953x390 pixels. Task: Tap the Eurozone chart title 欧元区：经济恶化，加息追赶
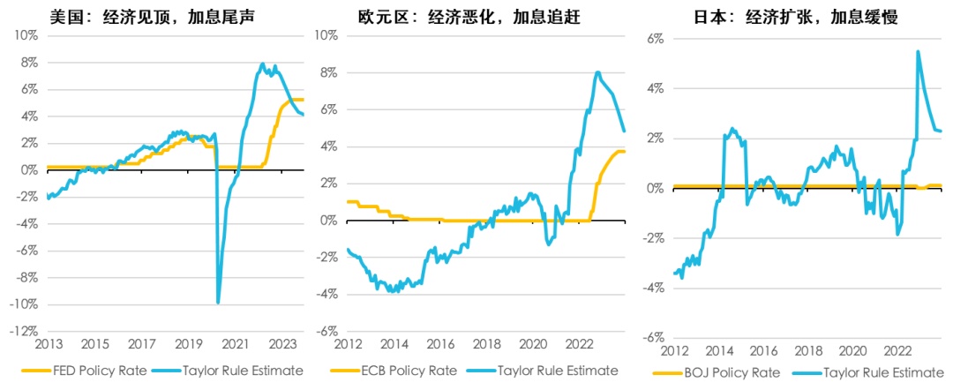pos(469,16)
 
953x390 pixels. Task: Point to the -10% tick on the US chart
pos(23,304)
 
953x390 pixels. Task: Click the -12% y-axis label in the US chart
pos(23,332)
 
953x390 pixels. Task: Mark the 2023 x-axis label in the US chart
pos(281,344)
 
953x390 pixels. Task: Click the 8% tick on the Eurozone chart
pos(326,72)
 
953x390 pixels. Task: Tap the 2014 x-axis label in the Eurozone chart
pos(395,344)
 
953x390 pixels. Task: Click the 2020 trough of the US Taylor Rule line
pos(218,303)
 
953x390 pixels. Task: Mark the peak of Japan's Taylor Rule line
pos(918,51)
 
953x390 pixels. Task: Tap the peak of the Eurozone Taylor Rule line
pos(598,72)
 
